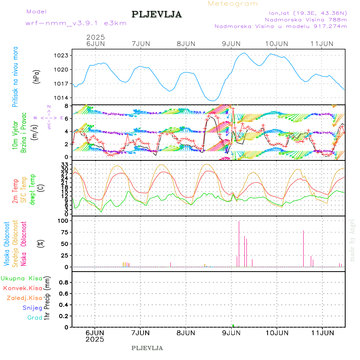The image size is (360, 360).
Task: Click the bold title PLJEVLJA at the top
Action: click(156, 15)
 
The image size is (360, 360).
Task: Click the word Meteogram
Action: click(233, 4)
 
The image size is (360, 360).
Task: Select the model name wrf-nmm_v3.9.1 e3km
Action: click(76, 23)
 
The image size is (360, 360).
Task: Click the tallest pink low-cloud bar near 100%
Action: click(239, 244)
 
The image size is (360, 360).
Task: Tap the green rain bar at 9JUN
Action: click(233, 326)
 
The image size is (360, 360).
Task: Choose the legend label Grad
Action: click(34, 318)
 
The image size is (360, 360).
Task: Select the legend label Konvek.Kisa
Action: click(23, 288)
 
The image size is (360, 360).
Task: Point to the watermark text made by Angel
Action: click(352, 240)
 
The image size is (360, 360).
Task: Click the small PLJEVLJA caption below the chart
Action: click(147, 348)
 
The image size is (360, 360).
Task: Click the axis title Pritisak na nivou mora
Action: click(16, 77)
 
